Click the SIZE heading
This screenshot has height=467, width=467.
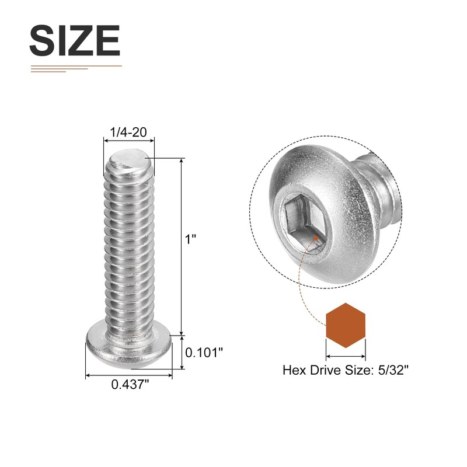75,40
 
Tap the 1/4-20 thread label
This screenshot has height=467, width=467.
128,132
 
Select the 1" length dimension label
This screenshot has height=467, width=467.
191,239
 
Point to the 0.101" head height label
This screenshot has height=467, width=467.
204,353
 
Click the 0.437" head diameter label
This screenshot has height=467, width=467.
130,384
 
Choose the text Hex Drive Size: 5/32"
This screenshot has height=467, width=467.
346,370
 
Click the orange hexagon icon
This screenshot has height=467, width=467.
346,325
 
